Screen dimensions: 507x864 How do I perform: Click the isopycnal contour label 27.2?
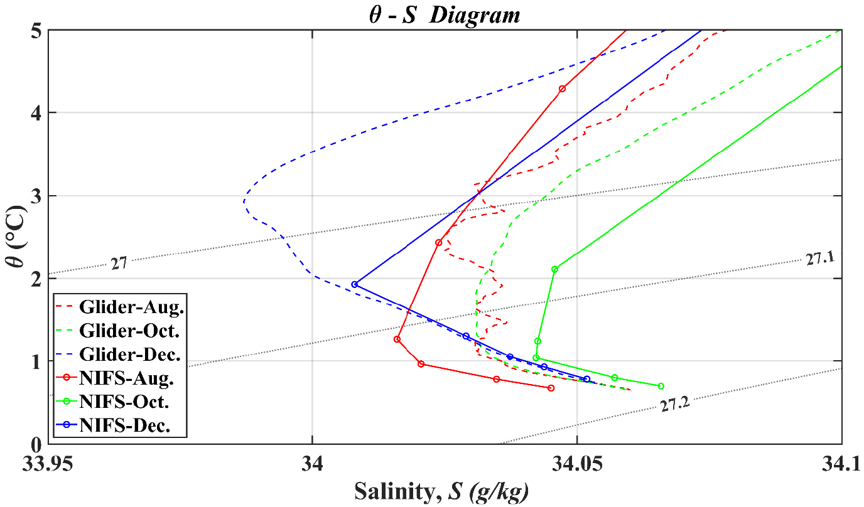[675, 405]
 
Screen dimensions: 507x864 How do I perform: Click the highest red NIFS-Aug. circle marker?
[562, 88]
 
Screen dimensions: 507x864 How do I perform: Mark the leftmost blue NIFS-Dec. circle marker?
[355, 284]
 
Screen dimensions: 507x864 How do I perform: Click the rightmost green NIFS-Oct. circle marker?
[661, 386]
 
